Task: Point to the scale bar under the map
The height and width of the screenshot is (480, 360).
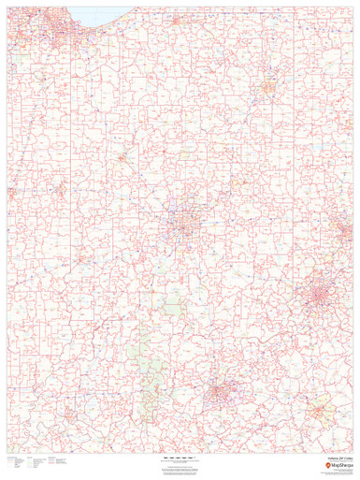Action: pos(179,457)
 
